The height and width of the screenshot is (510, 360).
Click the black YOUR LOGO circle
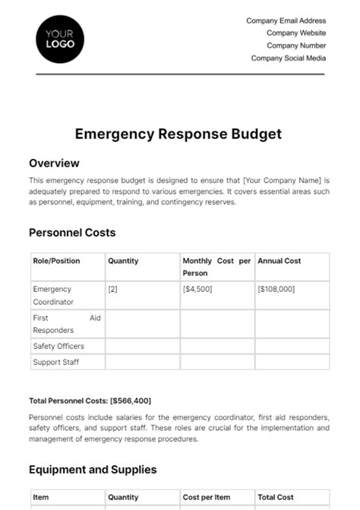pos(60,39)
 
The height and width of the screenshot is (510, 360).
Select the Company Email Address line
pos(286,21)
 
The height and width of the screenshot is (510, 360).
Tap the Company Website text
pos(295,33)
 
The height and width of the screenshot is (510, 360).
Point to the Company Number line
pos(295,46)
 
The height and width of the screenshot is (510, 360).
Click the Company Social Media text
pos(288,58)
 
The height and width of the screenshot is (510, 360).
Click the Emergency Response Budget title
pos(178,135)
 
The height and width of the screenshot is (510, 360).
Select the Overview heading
pos(54,163)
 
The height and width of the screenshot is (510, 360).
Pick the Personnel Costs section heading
pos(72,233)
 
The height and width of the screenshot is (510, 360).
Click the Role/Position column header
pos(56,261)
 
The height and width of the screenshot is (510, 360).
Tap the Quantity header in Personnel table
pos(123,261)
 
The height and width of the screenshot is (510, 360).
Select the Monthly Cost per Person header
pos(216,267)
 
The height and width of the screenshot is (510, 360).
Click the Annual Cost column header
pos(279,261)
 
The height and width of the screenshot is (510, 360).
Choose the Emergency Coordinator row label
pos(52,295)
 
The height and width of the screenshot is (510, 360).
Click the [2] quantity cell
pos(113,289)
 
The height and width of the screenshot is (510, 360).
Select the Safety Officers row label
pos(58,346)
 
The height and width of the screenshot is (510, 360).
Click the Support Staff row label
pos(55,362)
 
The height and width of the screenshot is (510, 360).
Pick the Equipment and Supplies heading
pos(93,470)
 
